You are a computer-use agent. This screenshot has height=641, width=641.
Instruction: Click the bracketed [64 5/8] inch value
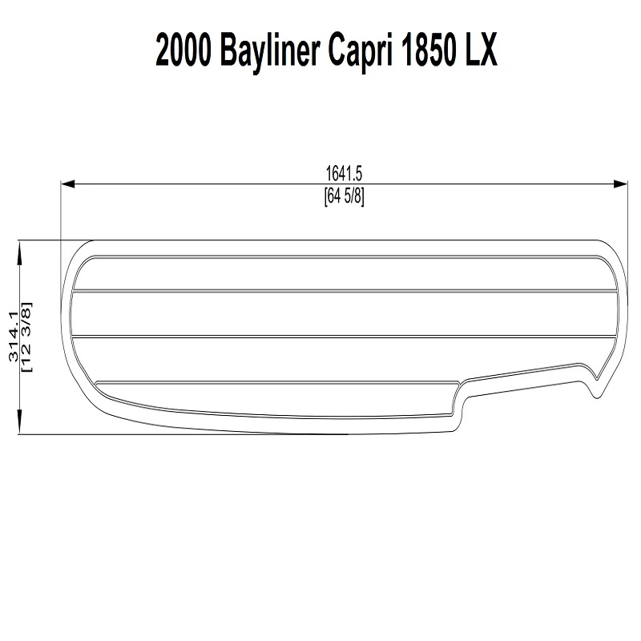coord(345,196)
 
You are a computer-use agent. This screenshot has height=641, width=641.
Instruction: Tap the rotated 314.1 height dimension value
coord(12,337)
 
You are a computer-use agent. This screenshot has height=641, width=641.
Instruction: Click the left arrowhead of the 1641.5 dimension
coord(69,184)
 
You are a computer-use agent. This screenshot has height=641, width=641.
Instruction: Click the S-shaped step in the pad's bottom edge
coord(461,401)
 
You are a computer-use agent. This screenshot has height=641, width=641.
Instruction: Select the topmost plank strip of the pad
coord(345,274)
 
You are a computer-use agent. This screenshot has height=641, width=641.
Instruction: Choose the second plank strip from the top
coord(345,313)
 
